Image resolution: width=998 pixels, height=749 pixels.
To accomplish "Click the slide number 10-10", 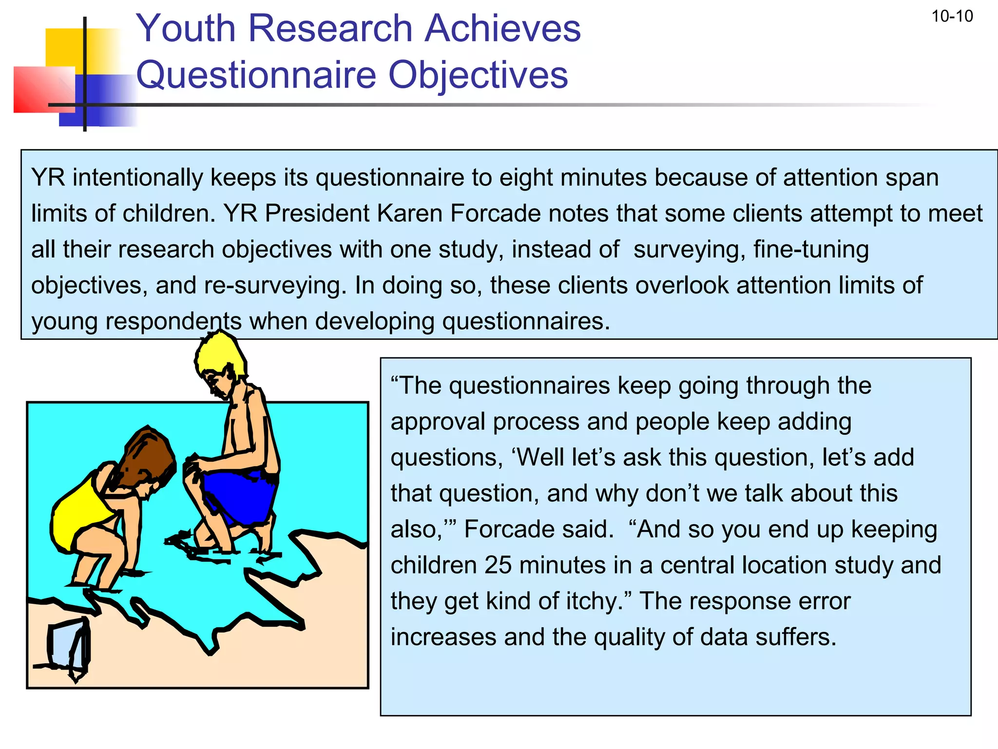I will tap(952, 17).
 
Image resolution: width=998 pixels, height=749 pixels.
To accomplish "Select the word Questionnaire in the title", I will tap(255, 75).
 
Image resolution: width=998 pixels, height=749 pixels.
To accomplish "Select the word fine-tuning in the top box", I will tap(811, 249).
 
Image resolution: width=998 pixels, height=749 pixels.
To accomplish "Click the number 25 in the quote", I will tap(498, 565).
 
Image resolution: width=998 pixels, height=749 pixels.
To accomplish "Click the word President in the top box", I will tap(317, 214).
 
